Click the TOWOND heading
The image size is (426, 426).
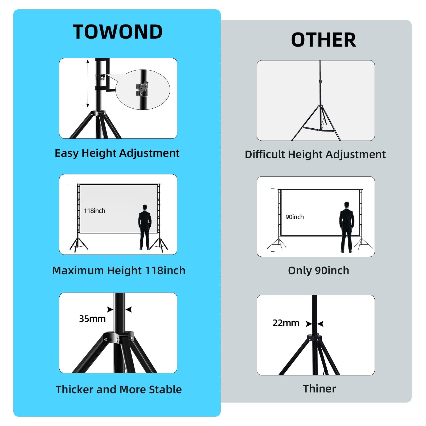coord(117,32)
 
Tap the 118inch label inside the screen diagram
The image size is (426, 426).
coord(95,211)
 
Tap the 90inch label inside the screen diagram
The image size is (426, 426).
coord(294,217)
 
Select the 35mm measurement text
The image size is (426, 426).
coord(92,319)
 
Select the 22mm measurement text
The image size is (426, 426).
coord(286,323)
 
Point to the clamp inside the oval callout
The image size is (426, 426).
coord(142,89)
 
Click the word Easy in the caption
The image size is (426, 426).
coord(67,153)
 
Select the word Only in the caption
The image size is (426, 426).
coord(300,271)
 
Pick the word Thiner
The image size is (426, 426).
coord(319,389)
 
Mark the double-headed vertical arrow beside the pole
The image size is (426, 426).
coord(88,84)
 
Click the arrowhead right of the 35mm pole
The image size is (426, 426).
coord(129,309)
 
